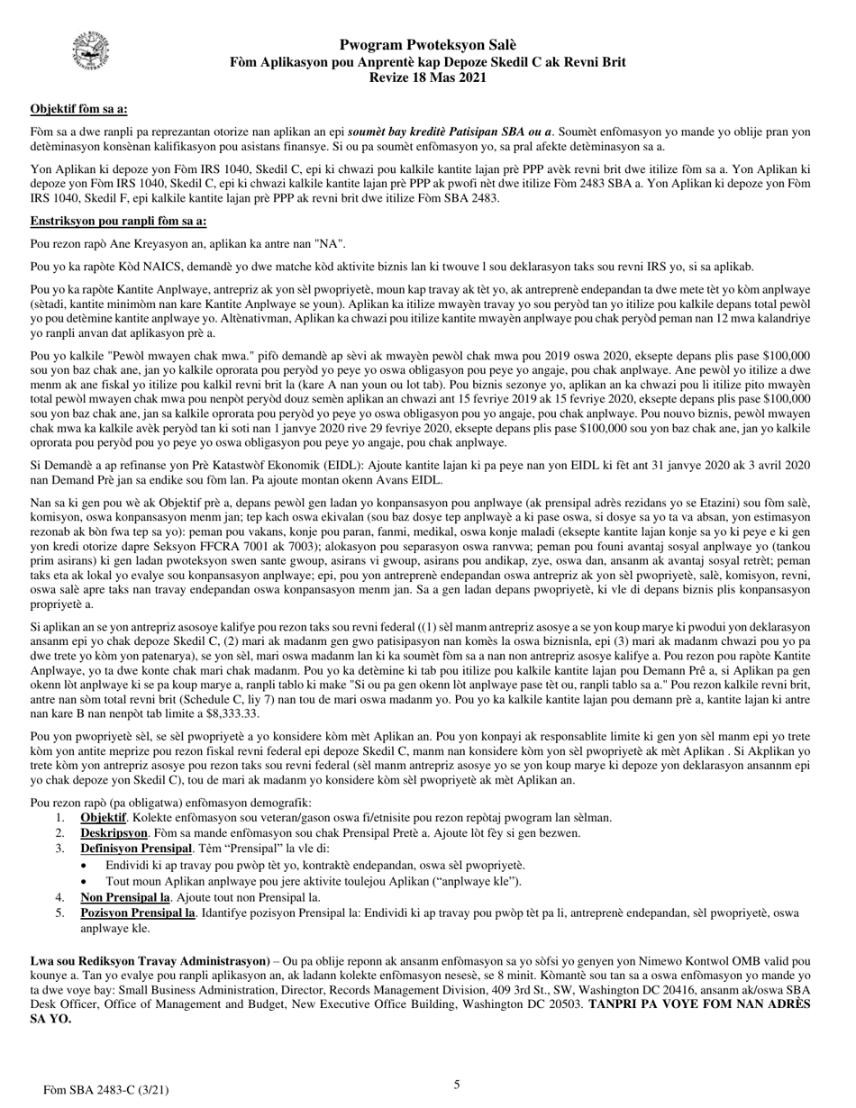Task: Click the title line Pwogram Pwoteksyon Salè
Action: tap(428, 45)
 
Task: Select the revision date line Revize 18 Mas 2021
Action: tap(428, 77)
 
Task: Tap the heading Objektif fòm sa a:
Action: tap(78, 109)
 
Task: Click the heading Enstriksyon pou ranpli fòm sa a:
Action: tap(118, 221)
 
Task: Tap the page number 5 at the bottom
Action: tap(457, 1085)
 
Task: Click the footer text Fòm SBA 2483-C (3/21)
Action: tap(106, 1090)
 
